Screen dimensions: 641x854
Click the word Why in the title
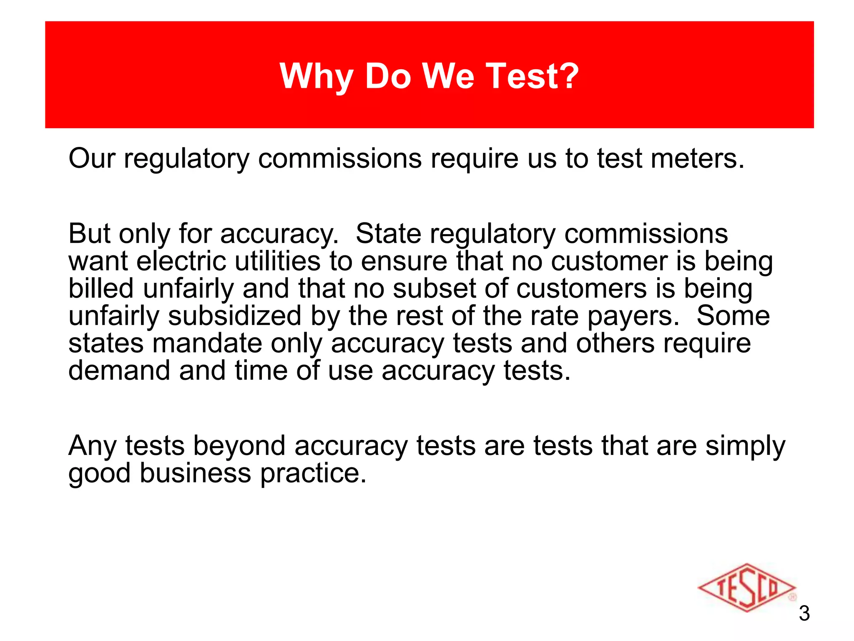(316, 77)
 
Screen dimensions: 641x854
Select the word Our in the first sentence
(92, 159)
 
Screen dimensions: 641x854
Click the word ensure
(404, 262)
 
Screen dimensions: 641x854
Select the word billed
(101, 288)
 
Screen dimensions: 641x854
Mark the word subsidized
(235, 316)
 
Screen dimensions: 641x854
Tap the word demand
(119, 371)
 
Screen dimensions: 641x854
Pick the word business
(195, 473)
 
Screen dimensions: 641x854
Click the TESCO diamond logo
(747, 587)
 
